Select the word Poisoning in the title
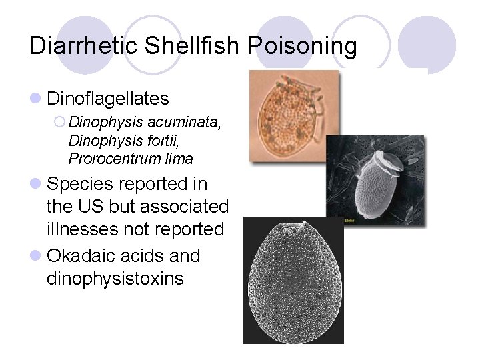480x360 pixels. click(x=302, y=47)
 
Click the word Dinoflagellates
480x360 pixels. click(x=107, y=99)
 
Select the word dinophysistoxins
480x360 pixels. click(x=115, y=278)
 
